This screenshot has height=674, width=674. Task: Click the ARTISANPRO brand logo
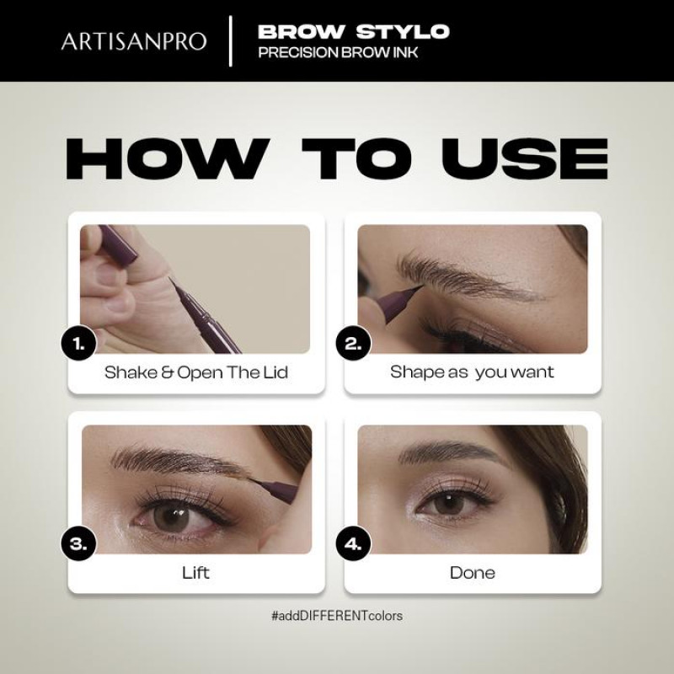point(134,41)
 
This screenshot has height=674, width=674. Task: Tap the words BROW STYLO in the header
point(353,32)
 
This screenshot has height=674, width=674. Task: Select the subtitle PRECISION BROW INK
point(338,52)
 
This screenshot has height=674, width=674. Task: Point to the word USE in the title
point(525,158)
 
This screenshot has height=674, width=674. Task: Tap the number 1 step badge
point(78,344)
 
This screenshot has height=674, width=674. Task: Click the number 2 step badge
point(353,344)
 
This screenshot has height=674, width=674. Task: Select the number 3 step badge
point(78,543)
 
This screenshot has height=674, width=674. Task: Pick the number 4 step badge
point(353,543)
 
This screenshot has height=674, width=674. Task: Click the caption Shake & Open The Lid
point(196,372)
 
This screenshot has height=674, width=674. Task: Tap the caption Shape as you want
point(472,372)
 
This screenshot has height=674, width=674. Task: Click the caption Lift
point(195,573)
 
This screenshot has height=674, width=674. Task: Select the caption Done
point(473,573)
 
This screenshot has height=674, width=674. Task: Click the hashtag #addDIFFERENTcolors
point(337,616)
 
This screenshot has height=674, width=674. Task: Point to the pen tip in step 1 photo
point(170,279)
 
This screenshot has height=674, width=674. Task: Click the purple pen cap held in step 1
point(117,243)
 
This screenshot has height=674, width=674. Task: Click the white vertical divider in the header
point(231,41)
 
